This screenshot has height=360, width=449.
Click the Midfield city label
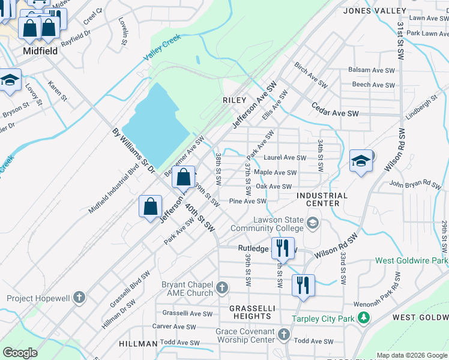[x=40, y=51]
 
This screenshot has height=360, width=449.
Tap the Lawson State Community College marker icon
[x=312, y=224]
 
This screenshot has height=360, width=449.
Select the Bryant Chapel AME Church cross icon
[x=221, y=288]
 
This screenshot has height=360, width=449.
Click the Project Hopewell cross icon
[x=79, y=298]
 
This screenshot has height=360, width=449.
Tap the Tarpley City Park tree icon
[x=363, y=318]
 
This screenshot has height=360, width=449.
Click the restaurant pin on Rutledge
[x=281, y=247]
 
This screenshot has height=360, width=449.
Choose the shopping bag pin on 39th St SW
[x=184, y=177]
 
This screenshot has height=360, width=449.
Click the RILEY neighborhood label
[x=235, y=100]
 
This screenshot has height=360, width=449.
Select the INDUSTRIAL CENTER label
[x=322, y=199]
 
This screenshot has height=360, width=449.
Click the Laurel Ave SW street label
[x=285, y=158]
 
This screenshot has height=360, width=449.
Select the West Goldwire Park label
[x=412, y=261]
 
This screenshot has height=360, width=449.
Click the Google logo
[x=20, y=353]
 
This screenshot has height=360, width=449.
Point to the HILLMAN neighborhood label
[x=137, y=343]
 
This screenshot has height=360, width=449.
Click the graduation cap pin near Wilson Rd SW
[x=361, y=161]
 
